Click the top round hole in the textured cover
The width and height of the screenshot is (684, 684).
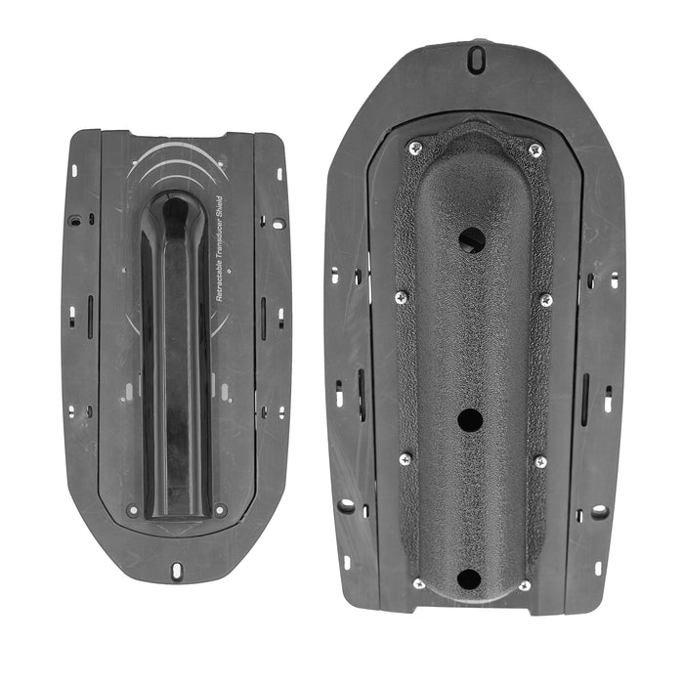(x=472, y=239)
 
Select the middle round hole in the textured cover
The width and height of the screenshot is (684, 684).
(x=470, y=420)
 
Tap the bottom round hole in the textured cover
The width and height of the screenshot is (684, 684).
(x=469, y=577)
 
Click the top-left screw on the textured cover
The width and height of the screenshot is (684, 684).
(x=415, y=148)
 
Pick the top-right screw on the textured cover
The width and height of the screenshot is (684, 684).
(x=534, y=150)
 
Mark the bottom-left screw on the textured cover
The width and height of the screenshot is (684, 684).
(x=418, y=583)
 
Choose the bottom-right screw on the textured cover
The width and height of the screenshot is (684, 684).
(x=525, y=585)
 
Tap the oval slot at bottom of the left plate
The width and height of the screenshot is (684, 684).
(x=177, y=570)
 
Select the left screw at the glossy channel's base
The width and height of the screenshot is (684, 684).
(x=133, y=510)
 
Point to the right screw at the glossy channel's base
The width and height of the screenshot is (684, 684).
(x=220, y=510)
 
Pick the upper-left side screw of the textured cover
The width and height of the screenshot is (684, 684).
(x=401, y=297)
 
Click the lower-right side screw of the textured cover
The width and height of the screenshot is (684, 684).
(x=539, y=461)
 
